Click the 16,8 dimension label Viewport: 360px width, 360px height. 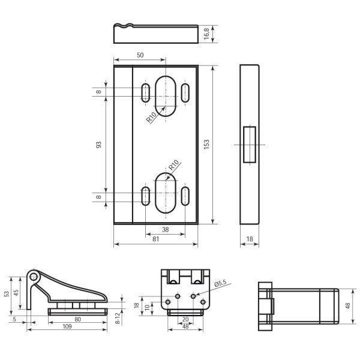pyautogui.click(x=206, y=34)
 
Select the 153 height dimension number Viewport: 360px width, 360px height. pyautogui.click(x=206, y=144)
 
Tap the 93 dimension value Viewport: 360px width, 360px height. pyautogui.click(x=98, y=145)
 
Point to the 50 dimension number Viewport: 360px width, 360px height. pyautogui.click(x=140, y=55)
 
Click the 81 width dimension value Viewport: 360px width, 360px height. pyautogui.click(x=155, y=239)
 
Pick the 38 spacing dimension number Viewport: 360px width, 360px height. pyautogui.click(x=166, y=229)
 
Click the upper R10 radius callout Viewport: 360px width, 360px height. pyautogui.click(x=152, y=117)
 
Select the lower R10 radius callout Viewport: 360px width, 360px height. pyautogui.click(x=174, y=165)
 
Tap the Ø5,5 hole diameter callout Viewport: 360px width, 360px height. pyautogui.click(x=220, y=283)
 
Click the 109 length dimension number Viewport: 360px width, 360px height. pyautogui.click(x=67, y=326)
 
